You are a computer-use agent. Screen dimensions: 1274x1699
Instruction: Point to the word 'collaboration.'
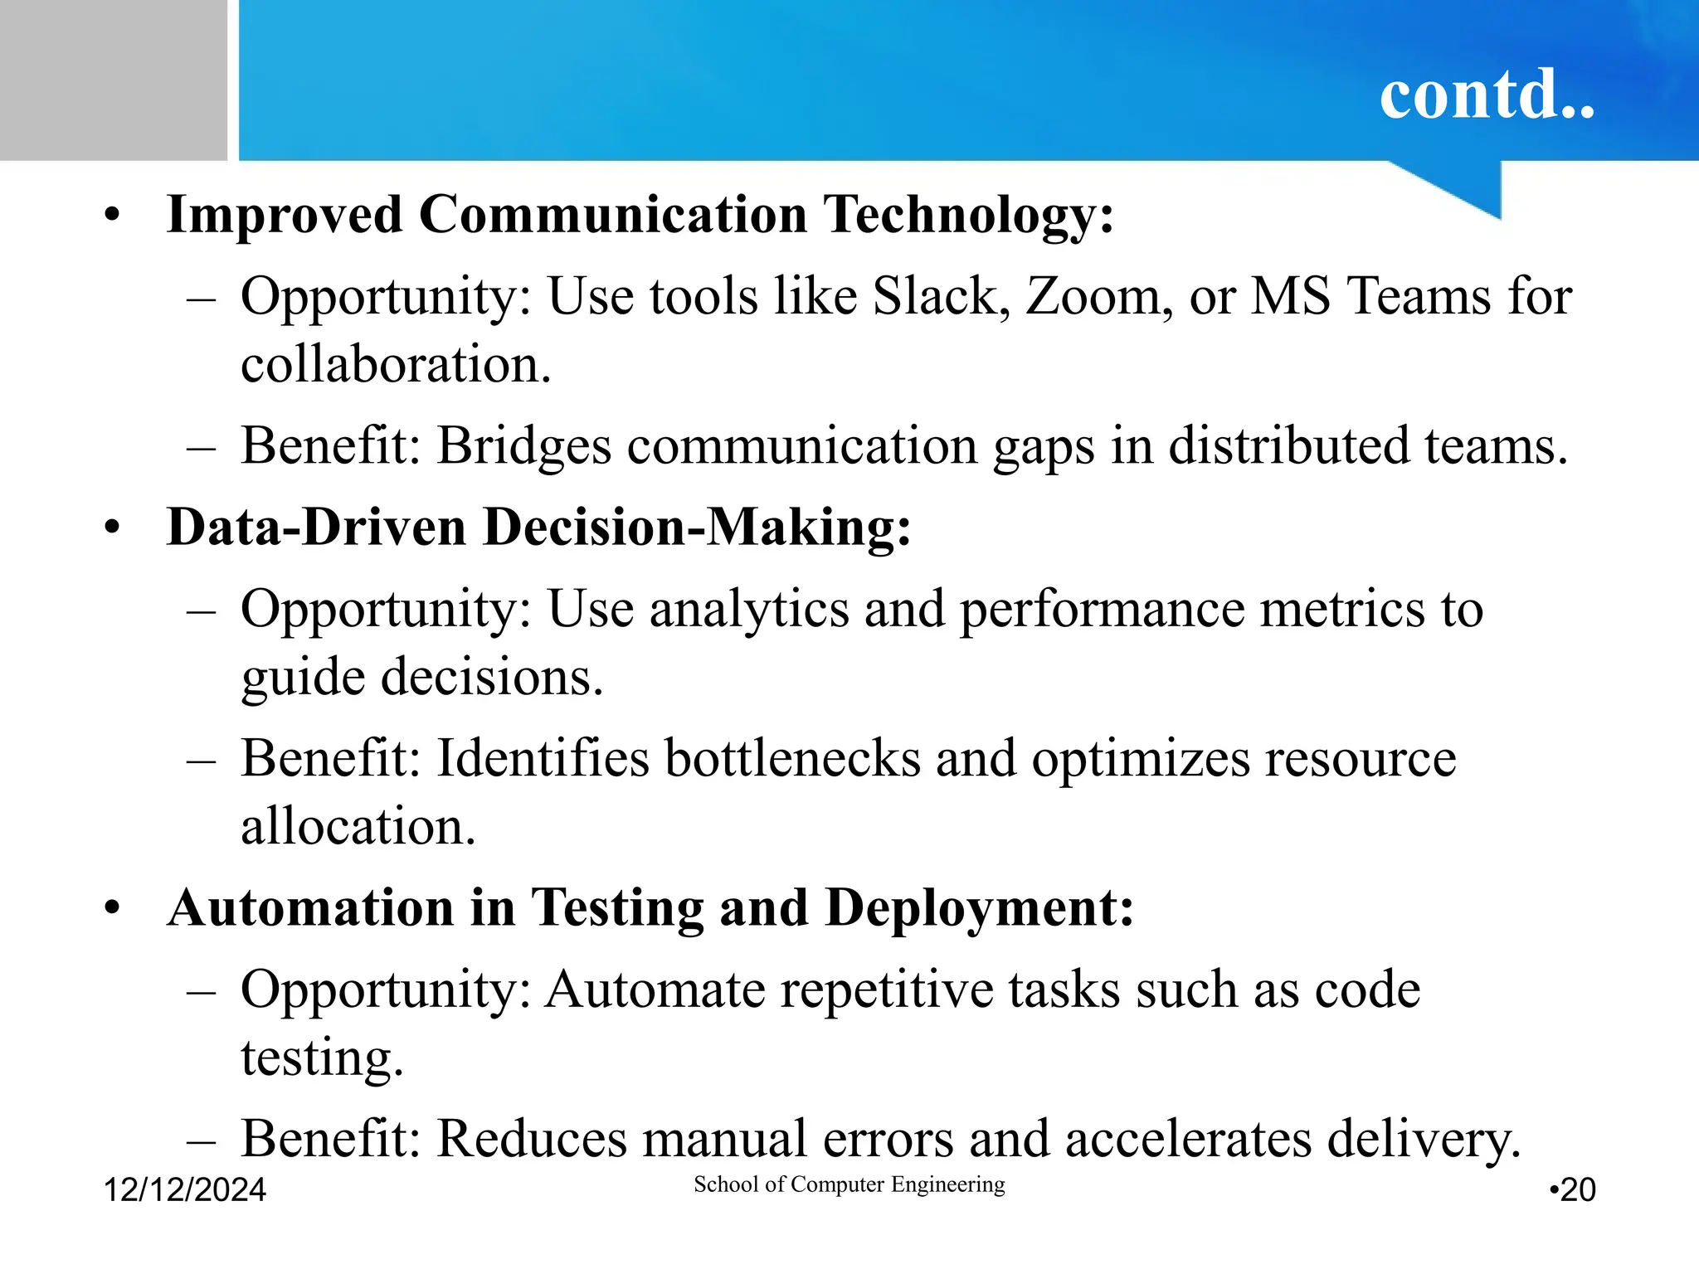coord(396,365)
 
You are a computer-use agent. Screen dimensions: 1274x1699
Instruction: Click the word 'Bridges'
coord(524,447)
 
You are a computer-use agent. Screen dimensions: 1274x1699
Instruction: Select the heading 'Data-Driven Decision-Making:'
coord(538,528)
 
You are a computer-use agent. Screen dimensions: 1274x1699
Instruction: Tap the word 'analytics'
coord(749,610)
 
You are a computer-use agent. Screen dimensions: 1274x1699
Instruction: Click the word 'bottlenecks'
coord(792,758)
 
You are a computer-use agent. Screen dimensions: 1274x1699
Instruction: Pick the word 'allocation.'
coord(358,826)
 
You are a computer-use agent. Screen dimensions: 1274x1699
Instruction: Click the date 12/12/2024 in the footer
coord(184,1190)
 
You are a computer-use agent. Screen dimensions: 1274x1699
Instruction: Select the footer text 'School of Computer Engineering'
coord(849,1184)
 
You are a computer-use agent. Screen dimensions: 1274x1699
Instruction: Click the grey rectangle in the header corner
coord(113,80)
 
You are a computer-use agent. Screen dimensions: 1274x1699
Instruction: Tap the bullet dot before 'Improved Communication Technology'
coord(113,216)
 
